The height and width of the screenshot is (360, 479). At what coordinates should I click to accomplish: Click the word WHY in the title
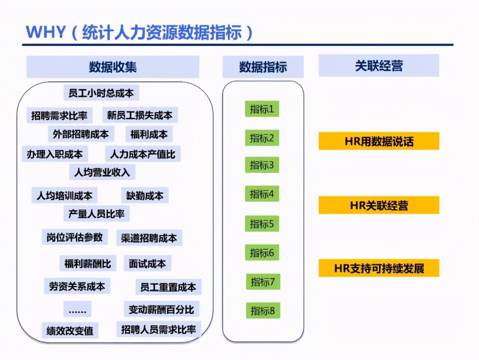pyautogui.click(x=46, y=32)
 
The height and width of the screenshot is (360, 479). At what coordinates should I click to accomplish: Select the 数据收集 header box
pyautogui.click(x=113, y=67)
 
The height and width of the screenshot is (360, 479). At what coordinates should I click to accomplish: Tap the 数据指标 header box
pyautogui.click(x=263, y=67)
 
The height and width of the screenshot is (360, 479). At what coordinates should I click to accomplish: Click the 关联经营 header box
pyautogui.click(x=379, y=66)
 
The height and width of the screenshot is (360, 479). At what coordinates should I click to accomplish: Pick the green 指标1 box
pyautogui.click(x=262, y=109)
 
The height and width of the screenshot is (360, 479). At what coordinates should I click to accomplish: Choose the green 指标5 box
pyautogui.click(x=262, y=224)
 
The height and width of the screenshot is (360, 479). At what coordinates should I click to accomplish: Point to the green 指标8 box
pyautogui.click(x=263, y=311)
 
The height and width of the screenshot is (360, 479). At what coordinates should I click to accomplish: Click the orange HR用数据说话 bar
pyautogui.click(x=379, y=141)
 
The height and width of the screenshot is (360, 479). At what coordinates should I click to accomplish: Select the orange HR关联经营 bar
pyautogui.click(x=379, y=205)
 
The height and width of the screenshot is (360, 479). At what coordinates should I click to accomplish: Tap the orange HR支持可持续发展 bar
pyautogui.click(x=379, y=268)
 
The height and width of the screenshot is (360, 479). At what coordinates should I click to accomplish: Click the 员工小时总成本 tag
pyautogui.click(x=102, y=93)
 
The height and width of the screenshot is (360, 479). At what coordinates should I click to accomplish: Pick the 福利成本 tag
pyautogui.click(x=149, y=134)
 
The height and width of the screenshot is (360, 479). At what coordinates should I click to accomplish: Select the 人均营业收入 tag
pyautogui.click(x=102, y=172)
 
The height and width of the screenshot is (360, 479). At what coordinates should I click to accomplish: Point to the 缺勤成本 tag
pyautogui.click(x=145, y=195)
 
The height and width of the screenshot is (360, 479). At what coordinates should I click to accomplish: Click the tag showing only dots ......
pyautogui.click(x=77, y=310)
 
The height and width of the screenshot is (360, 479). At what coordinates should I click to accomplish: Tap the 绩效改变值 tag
pyautogui.click(x=70, y=331)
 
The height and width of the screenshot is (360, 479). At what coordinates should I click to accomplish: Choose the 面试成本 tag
pyautogui.click(x=147, y=263)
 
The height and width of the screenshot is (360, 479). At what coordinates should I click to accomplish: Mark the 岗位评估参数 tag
pyautogui.click(x=75, y=237)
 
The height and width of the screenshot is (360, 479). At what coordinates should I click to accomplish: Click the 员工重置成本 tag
pyautogui.click(x=168, y=287)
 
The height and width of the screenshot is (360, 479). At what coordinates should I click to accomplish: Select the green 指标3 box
pyautogui.click(x=262, y=165)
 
